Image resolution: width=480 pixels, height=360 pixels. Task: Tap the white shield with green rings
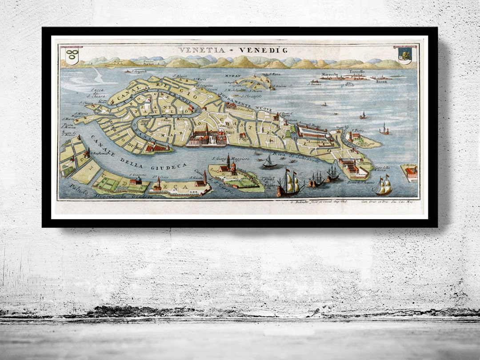(72, 56)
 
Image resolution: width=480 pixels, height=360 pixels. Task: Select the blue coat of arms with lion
(404, 55)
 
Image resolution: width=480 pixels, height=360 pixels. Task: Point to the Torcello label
(356, 72)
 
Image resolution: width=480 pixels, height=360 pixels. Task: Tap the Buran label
(381, 81)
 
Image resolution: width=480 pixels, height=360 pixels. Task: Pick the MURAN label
(233, 76)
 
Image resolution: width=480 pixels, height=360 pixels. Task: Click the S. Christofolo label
(252, 95)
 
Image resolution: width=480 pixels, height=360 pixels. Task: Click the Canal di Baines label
(268, 181)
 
